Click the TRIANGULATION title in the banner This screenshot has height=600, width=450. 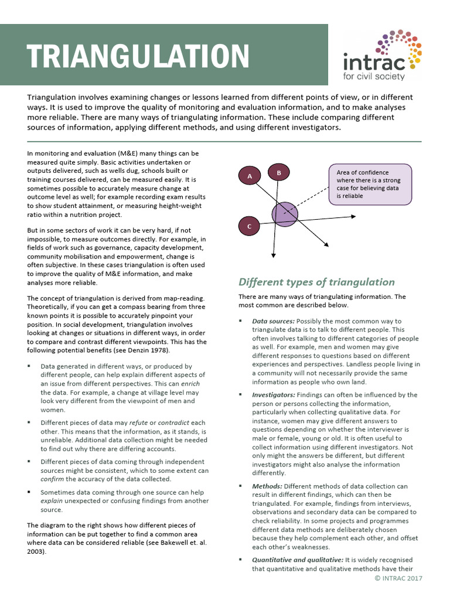(x=139, y=56)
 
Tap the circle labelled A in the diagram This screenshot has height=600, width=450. (x=250, y=176)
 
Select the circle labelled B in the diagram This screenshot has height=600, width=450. (x=279, y=172)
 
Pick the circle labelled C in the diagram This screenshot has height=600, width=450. (x=250, y=226)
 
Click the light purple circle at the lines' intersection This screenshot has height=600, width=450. (x=284, y=214)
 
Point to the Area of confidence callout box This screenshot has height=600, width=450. (x=370, y=184)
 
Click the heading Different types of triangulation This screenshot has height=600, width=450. (x=316, y=282)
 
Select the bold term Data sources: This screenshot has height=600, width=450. (x=273, y=321)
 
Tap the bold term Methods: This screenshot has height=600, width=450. (x=267, y=486)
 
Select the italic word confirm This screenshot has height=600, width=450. (x=53, y=479)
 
